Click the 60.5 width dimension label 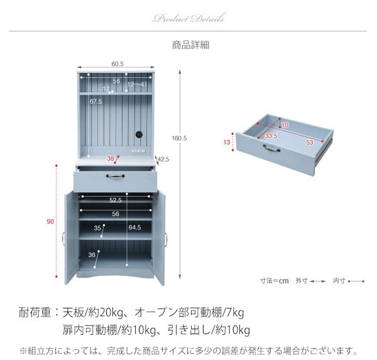click(117, 64)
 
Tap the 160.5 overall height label click(179, 138)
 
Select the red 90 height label click(50, 222)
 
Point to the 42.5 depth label click(163, 159)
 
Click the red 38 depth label click(111, 158)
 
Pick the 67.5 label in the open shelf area click(96, 102)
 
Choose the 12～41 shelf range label click(137, 84)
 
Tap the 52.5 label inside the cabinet click(116, 200)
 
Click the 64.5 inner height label click(134, 227)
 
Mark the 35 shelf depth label click(97, 227)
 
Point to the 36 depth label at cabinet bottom click(92, 254)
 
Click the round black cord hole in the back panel click(139, 134)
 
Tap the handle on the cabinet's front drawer click(115, 177)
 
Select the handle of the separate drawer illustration click(271, 148)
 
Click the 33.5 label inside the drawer click(271, 136)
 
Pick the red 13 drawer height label click(227, 143)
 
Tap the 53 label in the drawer click(310, 143)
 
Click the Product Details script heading click(190, 18)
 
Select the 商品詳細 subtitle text click(190, 45)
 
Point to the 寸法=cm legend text click(274, 281)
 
